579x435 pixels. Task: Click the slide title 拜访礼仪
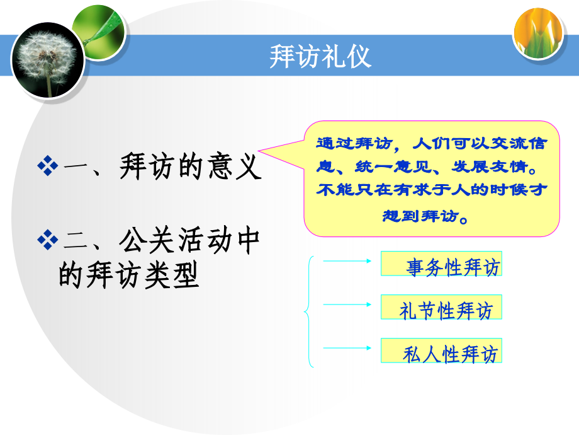pos(320,56)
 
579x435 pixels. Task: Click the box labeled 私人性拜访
pos(441,351)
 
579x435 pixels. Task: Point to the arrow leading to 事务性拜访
pos(347,259)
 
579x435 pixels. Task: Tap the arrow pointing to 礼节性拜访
pos(347,303)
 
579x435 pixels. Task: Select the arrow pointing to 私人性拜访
pos(347,347)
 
